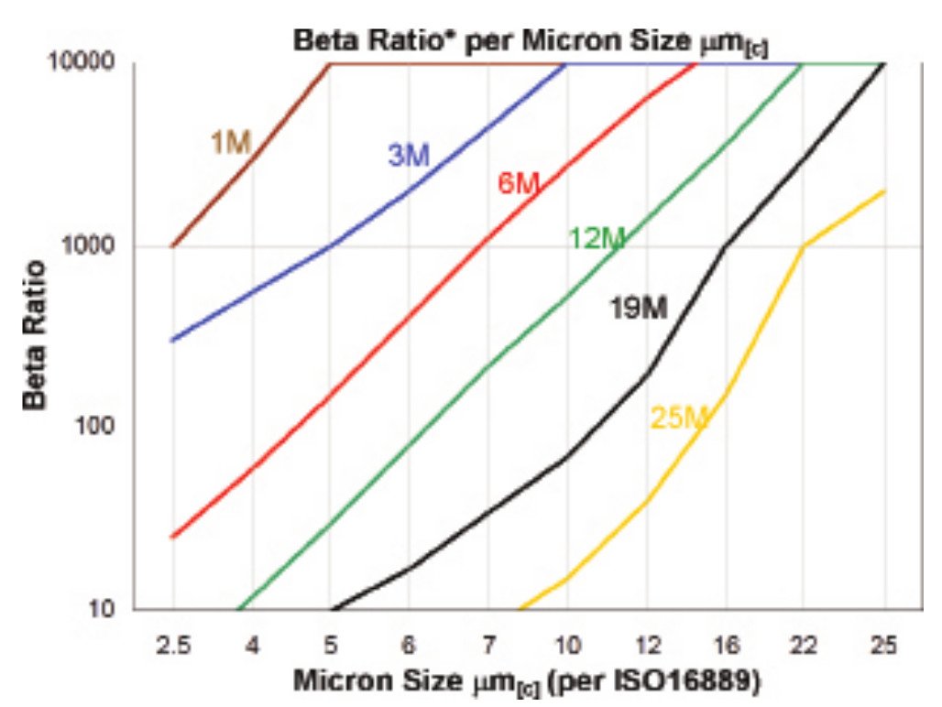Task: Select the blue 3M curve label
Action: coord(408,156)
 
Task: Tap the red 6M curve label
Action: coord(519,183)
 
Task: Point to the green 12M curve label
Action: coord(597,239)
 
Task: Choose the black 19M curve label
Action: coord(639,310)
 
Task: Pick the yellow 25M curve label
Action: coord(680,419)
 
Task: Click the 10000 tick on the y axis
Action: coord(88,63)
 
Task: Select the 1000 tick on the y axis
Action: coord(95,246)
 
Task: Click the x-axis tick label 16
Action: coord(728,646)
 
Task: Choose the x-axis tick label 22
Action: coord(806,646)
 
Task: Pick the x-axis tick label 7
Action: coord(488,646)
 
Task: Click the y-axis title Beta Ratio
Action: coord(36,335)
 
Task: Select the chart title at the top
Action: coord(530,40)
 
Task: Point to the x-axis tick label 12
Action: coord(647,646)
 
